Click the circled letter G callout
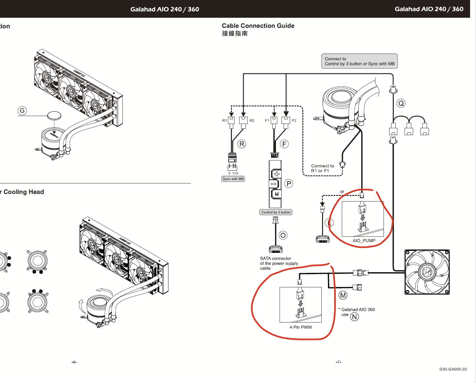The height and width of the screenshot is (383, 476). tap(22, 110)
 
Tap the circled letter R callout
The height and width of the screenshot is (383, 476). tap(241, 144)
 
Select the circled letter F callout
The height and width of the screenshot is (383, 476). tap(284, 144)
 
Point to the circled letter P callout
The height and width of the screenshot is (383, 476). tap(288, 183)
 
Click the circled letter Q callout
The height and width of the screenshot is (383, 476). tap(401, 103)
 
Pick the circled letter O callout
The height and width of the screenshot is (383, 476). tap(283, 235)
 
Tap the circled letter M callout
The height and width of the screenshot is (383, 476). tap(343, 295)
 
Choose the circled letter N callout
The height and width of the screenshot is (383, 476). tap(354, 317)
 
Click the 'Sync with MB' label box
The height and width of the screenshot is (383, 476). tap(233, 179)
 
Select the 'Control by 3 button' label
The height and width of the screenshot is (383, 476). tap(276, 212)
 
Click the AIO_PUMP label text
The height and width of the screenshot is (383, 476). tap(364, 241)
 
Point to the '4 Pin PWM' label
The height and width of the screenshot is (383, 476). tap(301, 327)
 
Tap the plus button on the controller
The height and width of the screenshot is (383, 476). tap(276, 174)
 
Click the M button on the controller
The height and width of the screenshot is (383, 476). tap(276, 194)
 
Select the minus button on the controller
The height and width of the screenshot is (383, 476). tap(274, 184)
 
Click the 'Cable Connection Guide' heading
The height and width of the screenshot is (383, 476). tap(258, 26)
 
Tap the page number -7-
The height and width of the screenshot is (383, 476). tap(338, 362)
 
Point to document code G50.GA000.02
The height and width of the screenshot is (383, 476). tap(453, 369)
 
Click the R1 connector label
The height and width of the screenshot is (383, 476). tap(224, 121)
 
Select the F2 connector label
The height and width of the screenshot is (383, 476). tap(294, 121)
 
